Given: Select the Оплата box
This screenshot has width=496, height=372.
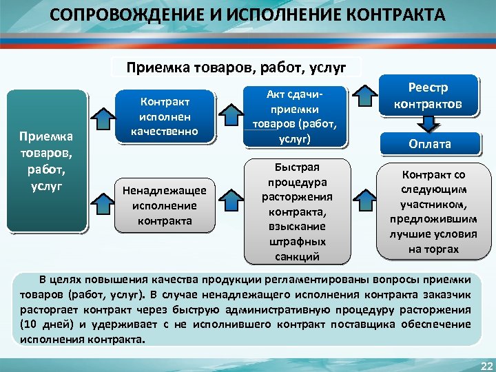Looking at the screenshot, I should (x=430, y=144).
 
